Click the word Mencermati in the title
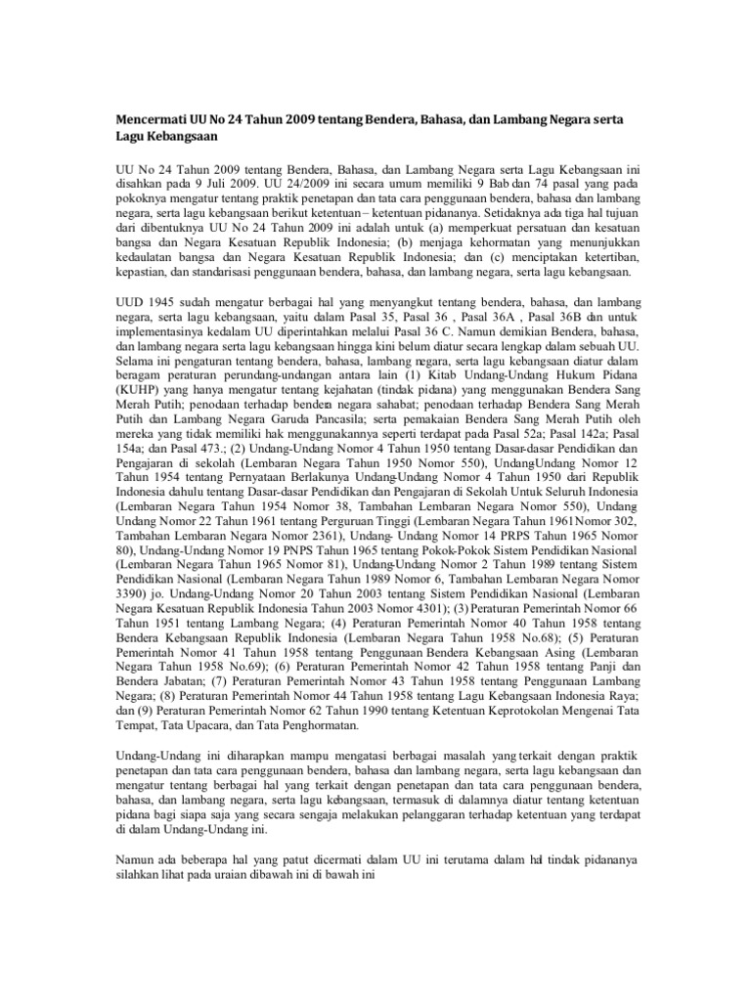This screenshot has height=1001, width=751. click(x=150, y=118)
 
